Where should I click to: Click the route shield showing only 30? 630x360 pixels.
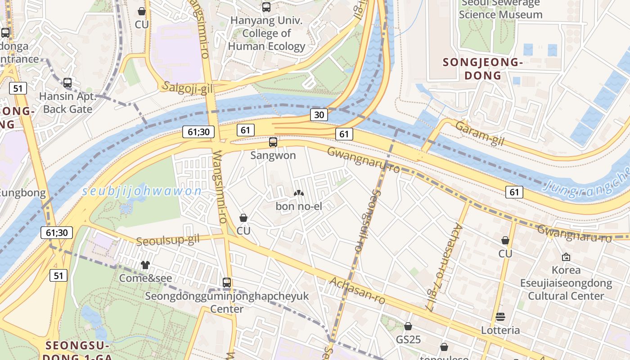(x=319, y=115)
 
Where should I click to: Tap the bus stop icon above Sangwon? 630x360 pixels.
(x=273, y=142)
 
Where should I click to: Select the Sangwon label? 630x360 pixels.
(x=273, y=155)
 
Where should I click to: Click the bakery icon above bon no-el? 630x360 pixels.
(x=298, y=193)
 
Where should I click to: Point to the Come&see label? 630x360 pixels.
(x=145, y=278)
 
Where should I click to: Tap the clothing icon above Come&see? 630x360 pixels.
(x=145, y=265)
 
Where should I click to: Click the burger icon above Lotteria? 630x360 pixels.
(x=500, y=317)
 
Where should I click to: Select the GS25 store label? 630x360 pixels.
(x=408, y=339)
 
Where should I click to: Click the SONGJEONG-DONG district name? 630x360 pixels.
(x=482, y=69)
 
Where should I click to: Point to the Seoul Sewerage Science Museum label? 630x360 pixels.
(x=500, y=9)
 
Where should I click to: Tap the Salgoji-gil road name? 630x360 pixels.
(x=188, y=87)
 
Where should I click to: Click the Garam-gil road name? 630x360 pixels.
(x=479, y=134)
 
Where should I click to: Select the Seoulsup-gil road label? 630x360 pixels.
(x=167, y=240)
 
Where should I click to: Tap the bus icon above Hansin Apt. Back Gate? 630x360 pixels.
(x=67, y=83)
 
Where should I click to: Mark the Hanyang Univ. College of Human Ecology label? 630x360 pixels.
(x=266, y=33)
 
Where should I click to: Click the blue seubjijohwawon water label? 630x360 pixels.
(x=142, y=191)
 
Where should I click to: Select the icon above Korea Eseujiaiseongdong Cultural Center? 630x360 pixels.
(x=566, y=257)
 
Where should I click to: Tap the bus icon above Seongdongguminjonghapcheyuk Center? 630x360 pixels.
(x=227, y=283)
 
